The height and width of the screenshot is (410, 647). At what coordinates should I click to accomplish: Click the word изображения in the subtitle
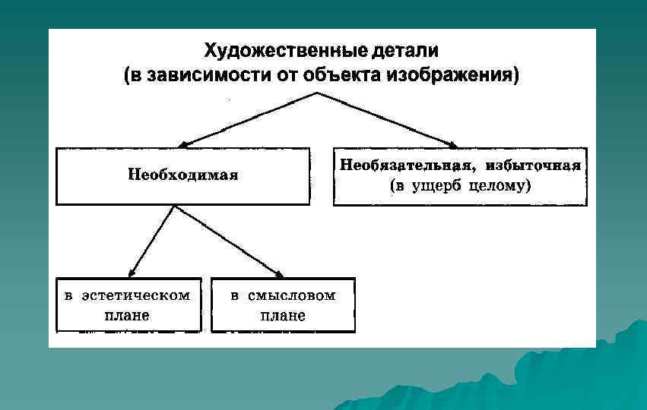pos(452,76)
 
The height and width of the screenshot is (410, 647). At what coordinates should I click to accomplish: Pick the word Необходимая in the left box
pos(183,175)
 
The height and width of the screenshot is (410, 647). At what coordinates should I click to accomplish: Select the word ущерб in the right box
pos(436,184)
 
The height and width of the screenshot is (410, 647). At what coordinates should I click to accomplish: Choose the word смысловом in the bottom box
pos(291,295)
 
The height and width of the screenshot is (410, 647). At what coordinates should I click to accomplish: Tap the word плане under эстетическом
pos(126,314)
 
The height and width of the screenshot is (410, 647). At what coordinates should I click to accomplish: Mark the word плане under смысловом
pos(283,314)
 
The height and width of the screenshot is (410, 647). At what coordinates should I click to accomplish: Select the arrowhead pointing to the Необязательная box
pos(453,143)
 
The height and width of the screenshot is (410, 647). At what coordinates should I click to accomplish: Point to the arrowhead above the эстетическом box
pos(132,273)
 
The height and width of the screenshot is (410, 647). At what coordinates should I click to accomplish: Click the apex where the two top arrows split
pos(317,93)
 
